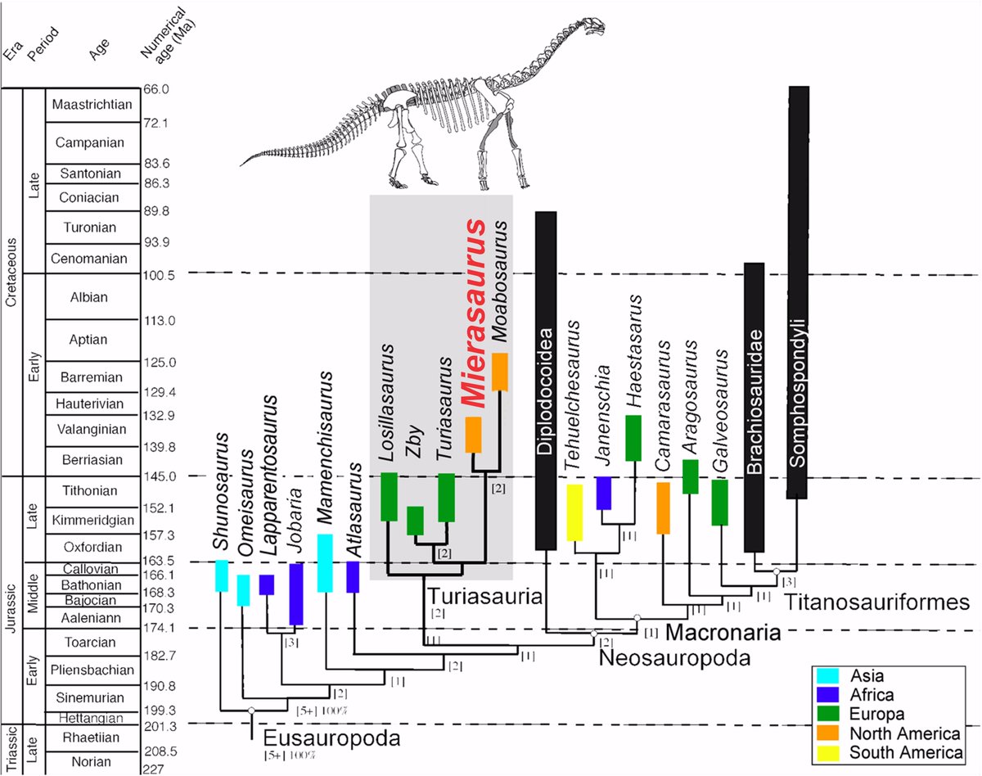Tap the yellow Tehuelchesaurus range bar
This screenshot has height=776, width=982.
coord(574,512)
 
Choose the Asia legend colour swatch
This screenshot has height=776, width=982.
coord(827,677)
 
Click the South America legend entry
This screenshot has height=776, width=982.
coord(890,752)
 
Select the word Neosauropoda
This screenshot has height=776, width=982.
coord(663,657)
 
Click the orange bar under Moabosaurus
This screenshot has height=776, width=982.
coord(500,372)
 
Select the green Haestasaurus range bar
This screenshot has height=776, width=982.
coord(633,438)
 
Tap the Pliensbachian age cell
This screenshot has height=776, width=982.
coord(92,670)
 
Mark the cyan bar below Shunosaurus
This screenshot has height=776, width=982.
coord(221,576)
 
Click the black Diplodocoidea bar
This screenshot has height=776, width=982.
coord(546,381)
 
